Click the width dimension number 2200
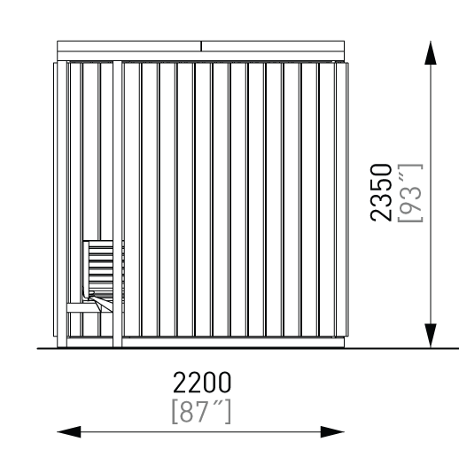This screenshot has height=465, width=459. (201, 382)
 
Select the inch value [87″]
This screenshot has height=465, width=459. (201, 412)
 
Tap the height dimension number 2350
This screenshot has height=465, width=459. (381, 192)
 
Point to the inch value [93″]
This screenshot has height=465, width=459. (410, 193)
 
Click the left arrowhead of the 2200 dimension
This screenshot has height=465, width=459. (69, 432)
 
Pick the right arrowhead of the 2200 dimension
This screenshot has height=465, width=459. (332, 432)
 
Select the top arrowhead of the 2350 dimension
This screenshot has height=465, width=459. (431, 52)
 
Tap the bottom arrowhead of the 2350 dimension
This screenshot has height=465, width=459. (431, 336)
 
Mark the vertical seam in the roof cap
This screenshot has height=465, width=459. (201, 46)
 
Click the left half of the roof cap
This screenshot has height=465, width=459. (129, 46)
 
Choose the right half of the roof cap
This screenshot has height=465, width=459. (273, 46)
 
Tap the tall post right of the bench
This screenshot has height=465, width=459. (117, 204)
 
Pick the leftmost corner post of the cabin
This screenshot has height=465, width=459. (62, 204)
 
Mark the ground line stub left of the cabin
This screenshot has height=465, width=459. (47, 348)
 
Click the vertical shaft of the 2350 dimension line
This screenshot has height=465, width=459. (431, 194)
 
